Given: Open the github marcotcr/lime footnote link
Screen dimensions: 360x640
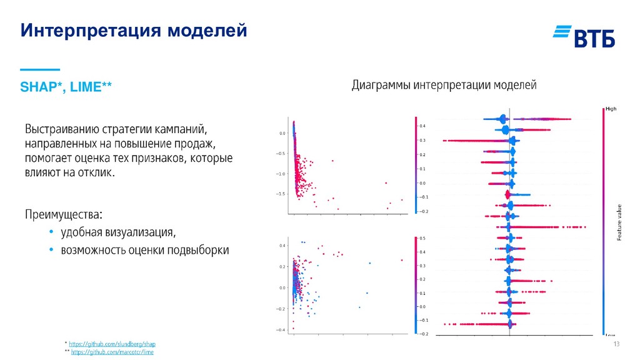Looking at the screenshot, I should [x=112, y=352].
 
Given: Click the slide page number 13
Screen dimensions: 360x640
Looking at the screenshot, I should [x=616, y=346].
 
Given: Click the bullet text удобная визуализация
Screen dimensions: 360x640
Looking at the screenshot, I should [x=118, y=233].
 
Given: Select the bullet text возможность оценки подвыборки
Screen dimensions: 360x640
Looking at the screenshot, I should [x=144, y=251].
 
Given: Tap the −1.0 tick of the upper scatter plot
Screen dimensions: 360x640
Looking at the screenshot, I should [x=281, y=174].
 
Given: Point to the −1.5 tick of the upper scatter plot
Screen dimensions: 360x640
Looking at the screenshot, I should [x=281, y=194].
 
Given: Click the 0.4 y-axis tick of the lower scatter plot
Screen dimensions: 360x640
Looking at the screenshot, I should [x=282, y=246].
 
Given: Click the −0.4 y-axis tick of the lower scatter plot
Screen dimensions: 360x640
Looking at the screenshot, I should [x=281, y=330].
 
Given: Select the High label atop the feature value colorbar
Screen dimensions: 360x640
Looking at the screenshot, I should [x=611, y=109].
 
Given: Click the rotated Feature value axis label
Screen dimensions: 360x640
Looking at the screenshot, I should [x=619, y=223].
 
